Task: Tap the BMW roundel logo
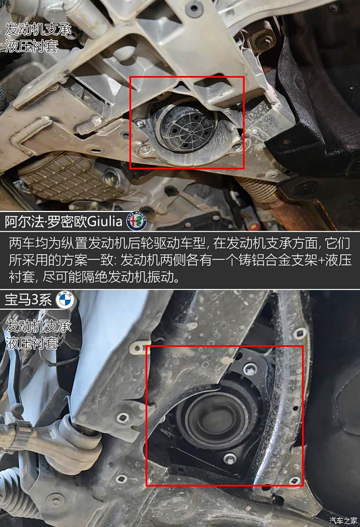(63, 300)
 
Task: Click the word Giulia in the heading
(109, 221)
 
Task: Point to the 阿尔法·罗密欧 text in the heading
(45, 221)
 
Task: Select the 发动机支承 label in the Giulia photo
(38, 28)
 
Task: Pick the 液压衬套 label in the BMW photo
(31, 343)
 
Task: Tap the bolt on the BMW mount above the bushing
(250, 368)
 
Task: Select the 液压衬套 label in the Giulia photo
(31, 46)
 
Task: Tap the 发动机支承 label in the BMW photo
(38, 326)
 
